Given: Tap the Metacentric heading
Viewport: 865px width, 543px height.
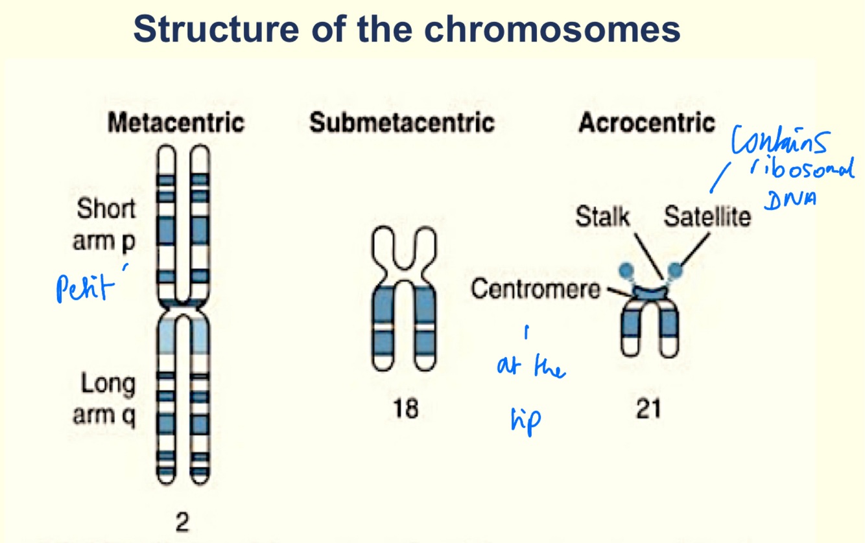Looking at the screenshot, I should click(x=176, y=122).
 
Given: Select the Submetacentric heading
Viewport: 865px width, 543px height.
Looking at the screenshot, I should click(x=402, y=122).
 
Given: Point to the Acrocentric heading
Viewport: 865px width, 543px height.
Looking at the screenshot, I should click(x=646, y=122).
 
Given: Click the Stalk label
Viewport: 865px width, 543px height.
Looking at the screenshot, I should click(x=602, y=217).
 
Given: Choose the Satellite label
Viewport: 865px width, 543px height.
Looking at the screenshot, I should click(x=707, y=217).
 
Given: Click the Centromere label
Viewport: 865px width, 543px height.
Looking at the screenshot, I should click(x=536, y=289).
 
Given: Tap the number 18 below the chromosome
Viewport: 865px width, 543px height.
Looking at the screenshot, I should click(x=405, y=409).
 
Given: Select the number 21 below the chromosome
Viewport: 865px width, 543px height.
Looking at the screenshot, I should click(x=648, y=409).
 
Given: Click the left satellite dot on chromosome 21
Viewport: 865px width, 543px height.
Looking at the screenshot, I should click(x=626, y=270).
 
